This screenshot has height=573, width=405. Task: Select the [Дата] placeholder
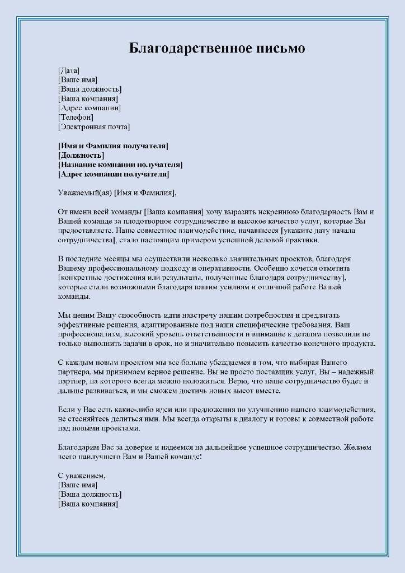(69, 71)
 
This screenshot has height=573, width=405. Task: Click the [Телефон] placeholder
(76, 118)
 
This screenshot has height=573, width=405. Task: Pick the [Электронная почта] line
(94, 127)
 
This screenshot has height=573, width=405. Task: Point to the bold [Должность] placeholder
(81, 156)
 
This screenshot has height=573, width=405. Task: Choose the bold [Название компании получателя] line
(120, 165)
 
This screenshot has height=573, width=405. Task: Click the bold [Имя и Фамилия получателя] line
(113, 146)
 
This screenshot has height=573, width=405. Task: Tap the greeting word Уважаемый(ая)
(84, 193)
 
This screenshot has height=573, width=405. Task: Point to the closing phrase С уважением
(82, 476)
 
